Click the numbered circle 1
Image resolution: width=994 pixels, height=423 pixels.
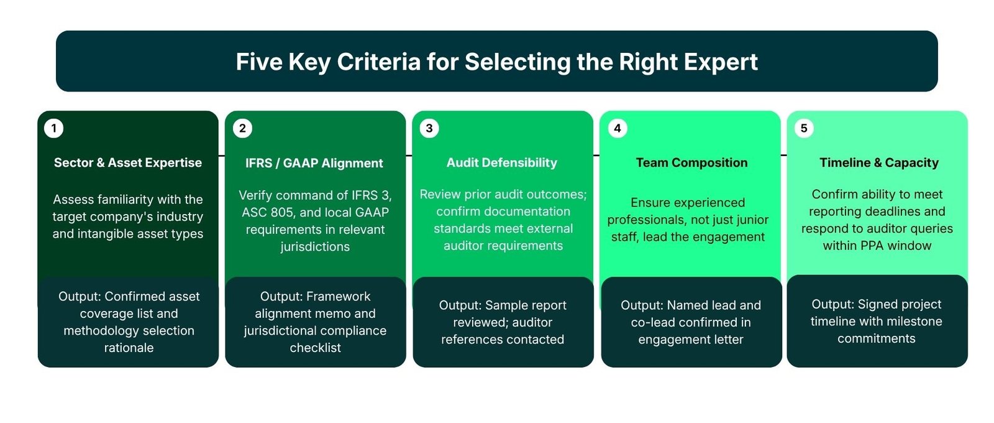click(54, 128)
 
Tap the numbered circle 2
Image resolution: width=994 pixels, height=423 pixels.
click(242, 128)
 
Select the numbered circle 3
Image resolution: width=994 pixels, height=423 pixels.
click(429, 128)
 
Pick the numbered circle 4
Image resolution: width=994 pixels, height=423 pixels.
click(618, 128)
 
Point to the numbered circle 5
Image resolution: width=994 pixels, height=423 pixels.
click(804, 128)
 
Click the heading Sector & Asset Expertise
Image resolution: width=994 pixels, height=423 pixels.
click(128, 163)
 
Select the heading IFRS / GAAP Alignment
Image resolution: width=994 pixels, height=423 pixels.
click(314, 163)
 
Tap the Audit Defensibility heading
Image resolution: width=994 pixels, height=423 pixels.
click(502, 163)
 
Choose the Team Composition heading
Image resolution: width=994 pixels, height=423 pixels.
click(691, 163)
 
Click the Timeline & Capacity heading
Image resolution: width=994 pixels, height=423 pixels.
click(878, 163)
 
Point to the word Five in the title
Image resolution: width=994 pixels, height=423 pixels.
click(258, 62)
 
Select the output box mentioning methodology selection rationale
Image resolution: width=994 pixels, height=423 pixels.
click(129, 322)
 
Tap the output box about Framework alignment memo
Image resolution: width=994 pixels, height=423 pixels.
click(316, 322)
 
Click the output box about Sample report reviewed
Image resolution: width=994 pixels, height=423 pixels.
click(503, 322)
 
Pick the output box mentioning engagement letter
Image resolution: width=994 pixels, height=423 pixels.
click(691, 322)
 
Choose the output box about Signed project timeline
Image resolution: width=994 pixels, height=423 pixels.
click(877, 322)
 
